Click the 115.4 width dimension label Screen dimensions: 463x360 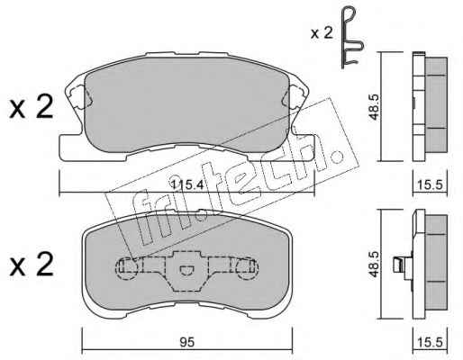coord(186,184)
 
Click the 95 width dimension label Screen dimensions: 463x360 coord(186,342)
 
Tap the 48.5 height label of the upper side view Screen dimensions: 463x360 coord(374,107)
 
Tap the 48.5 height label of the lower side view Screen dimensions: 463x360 coord(374,265)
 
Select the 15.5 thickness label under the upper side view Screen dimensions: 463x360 coord(431,185)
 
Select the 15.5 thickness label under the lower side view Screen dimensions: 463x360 coord(431,342)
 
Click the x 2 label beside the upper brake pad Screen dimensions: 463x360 coord(32,107)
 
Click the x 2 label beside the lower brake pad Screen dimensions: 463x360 coord(32,264)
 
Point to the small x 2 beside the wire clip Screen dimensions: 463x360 coord(322,33)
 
